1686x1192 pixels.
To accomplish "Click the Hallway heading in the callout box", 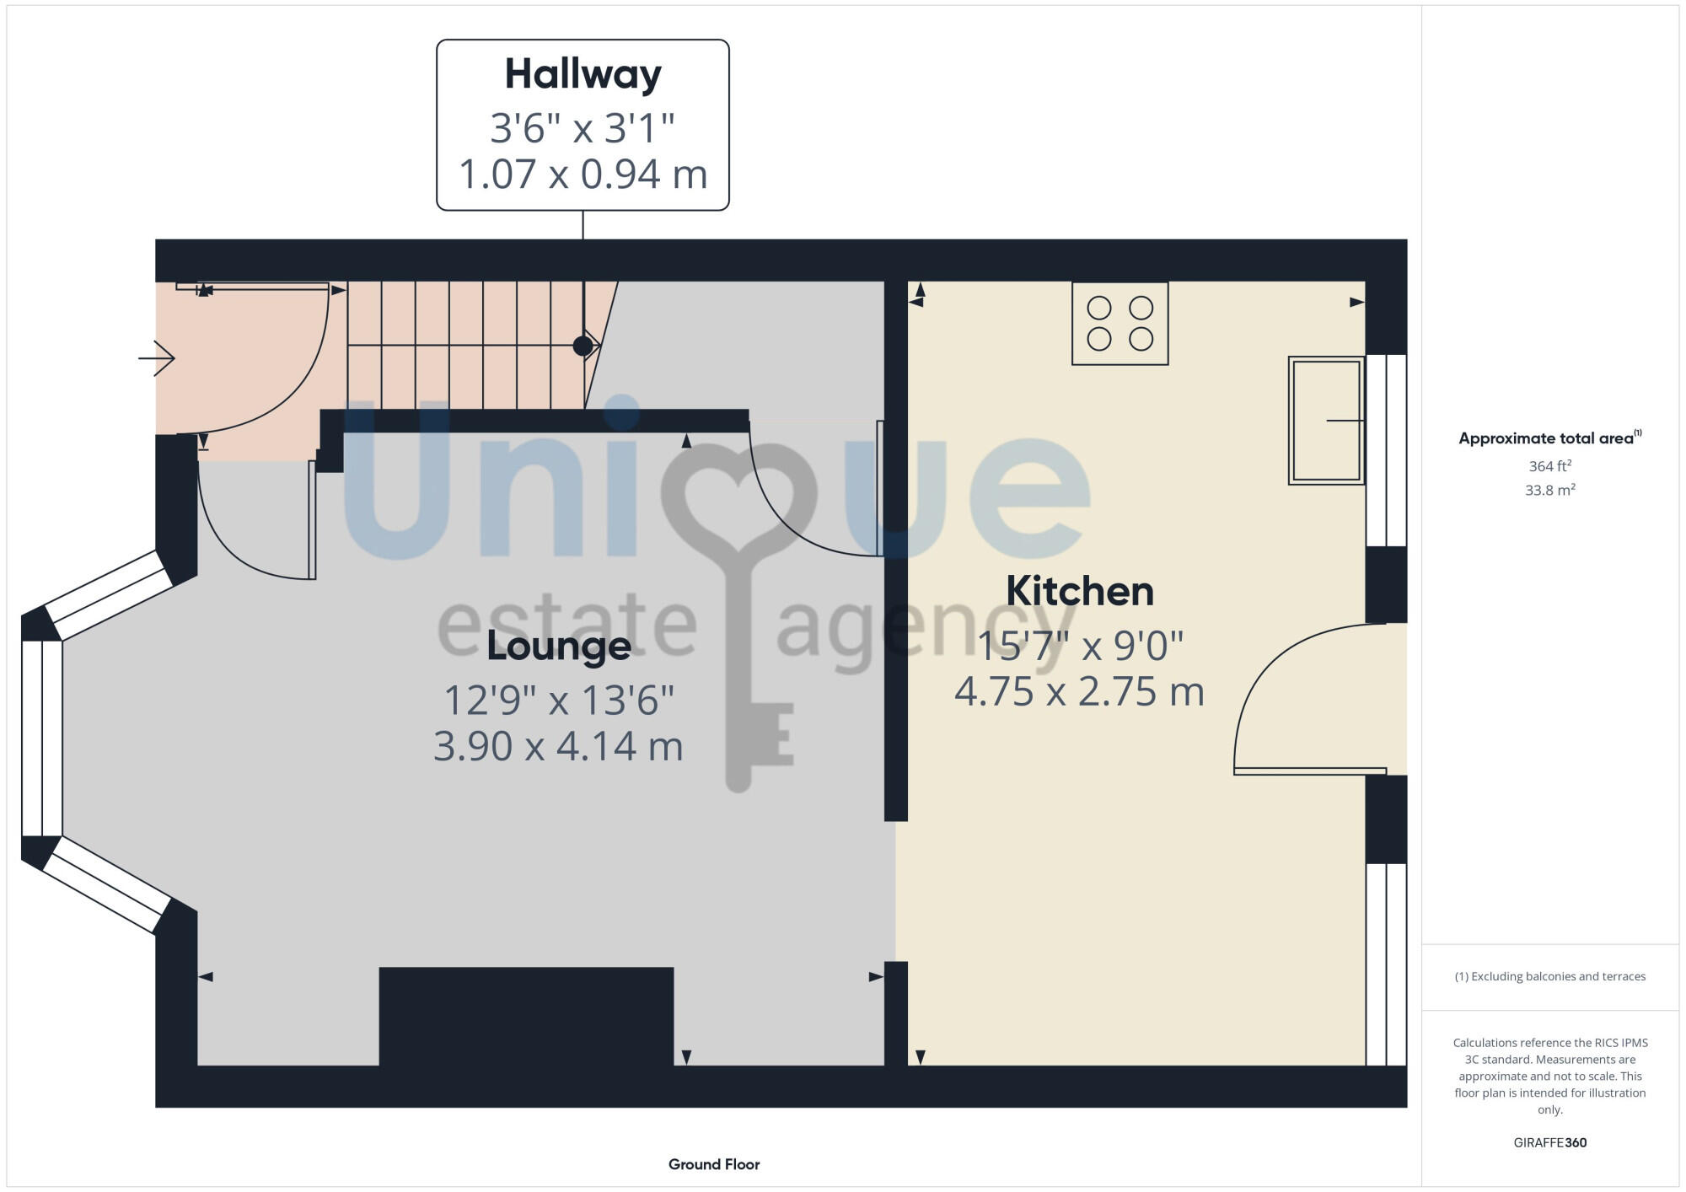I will click(583, 74).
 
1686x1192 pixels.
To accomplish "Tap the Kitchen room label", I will click(1079, 591).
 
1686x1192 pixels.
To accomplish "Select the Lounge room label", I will click(558, 647).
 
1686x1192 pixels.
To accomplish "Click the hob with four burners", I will click(1120, 324).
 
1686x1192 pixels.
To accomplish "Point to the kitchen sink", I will click(1326, 421).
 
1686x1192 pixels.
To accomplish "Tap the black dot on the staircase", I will click(583, 346).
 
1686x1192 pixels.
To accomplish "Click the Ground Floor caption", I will click(714, 1164).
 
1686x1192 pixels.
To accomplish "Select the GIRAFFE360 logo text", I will click(1549, 1143).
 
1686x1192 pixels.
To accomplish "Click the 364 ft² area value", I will click(1549, 466).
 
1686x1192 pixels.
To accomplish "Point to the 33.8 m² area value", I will click(1549, 490).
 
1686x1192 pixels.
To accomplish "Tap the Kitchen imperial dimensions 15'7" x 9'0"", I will click(1079, 647).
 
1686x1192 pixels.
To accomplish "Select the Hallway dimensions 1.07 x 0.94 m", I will click(583, 175).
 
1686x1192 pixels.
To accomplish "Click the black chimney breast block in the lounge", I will click(526, 1016).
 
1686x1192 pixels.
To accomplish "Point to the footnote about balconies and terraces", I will click(1549, 976).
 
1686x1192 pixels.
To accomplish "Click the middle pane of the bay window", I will click(41, 738).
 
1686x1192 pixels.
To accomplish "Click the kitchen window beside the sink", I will click(1386, 450).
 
